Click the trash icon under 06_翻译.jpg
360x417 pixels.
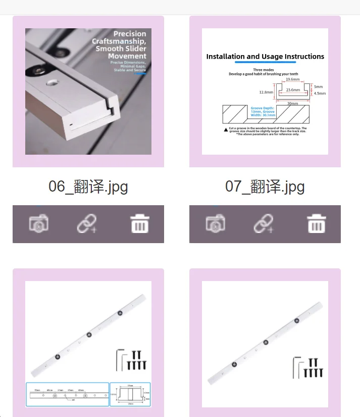click(140, 223)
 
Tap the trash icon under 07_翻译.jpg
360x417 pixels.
click(317, 223)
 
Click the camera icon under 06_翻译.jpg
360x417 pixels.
click(38, 223)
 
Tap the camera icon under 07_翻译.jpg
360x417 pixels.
click(215, 223)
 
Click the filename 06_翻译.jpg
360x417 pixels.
click(88, 187)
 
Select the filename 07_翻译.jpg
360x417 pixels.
click(265, 187)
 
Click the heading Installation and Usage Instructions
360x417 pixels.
click(265, 57)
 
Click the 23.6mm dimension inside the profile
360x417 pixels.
click(292, 89)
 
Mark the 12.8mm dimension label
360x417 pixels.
click(266, 92)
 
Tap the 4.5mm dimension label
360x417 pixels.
click(320, 93)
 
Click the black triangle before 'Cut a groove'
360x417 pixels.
click(225, 129)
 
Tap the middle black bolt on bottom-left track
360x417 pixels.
click(89, 334)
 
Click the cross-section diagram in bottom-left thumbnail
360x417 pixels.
click(130, 394)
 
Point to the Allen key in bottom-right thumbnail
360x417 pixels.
click(297, 366)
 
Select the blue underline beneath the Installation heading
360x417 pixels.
click(265, 63)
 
